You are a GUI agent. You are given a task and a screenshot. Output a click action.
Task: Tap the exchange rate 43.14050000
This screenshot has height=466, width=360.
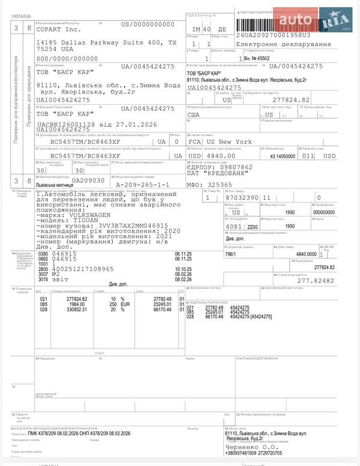[283, 157]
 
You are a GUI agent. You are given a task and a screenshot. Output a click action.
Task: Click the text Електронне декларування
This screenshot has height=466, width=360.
[283, 44]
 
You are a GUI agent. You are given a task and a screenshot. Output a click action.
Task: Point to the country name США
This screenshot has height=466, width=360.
[194, 114]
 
